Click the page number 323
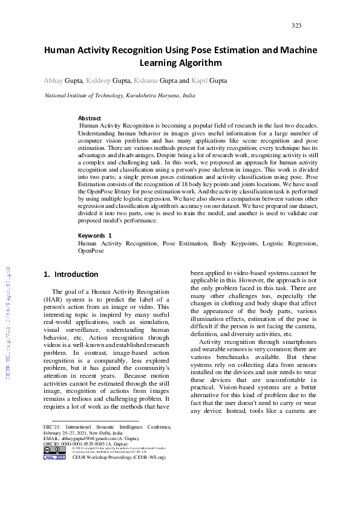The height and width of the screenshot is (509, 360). (x=296, y=25)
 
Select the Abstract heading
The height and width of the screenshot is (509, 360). (x=90, y=118)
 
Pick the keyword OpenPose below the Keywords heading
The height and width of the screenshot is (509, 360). (x=91, y=250)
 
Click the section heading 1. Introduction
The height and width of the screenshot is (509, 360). (x=71, y=274)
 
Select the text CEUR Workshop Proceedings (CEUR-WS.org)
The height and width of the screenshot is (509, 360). (x=119, y=458)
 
